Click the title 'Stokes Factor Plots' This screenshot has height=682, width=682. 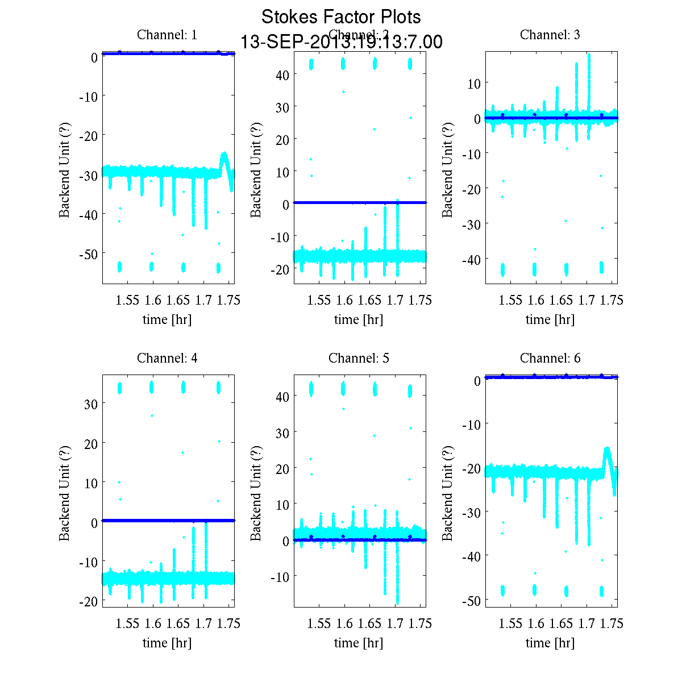pyautogui.click(x=341, y=17)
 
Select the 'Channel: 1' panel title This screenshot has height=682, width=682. pyautogui.click(x=167, y=35)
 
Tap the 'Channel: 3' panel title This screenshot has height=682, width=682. pyautogui.click(x=550, y=35)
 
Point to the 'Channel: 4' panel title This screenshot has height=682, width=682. pyautogui.click(x=167, y=358)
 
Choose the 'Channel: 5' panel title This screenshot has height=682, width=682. pyautogui.click(x=359, y=358)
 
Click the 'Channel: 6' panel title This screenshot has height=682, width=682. pyautogui.click(x=550, y=358)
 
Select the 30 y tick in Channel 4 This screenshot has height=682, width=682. pyautogui.click(x=91, y=404)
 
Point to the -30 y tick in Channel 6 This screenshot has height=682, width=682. pyautogui.click(x=471, y=512)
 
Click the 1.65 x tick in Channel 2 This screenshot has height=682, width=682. pyautogui.click(x=369, y=300)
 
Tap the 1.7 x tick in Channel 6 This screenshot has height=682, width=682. pyautogui.click(x=587, y=623)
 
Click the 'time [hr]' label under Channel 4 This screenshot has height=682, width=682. pyautogui.click(x=167, y=643)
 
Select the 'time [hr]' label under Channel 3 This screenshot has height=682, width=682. pyautogui.click(x=550, y=319)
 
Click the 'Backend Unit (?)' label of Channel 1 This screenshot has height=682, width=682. pyautogui.click(x=65, y=169)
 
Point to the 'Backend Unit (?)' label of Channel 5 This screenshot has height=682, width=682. pyautogui.click(x=256, y=493)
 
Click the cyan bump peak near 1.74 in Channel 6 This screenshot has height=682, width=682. pyautogui.click(x=607, y=448)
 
